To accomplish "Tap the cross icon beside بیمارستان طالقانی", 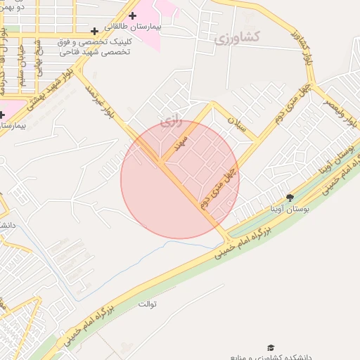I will [133, 15].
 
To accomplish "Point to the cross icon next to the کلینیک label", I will [95, 31].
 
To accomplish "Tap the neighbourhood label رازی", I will [171, 120].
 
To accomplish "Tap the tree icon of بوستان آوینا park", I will [290, 198].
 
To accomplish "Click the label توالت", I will [147, 304].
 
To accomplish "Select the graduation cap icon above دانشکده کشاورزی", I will [270, 347].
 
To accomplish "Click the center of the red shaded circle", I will [180, 179].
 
